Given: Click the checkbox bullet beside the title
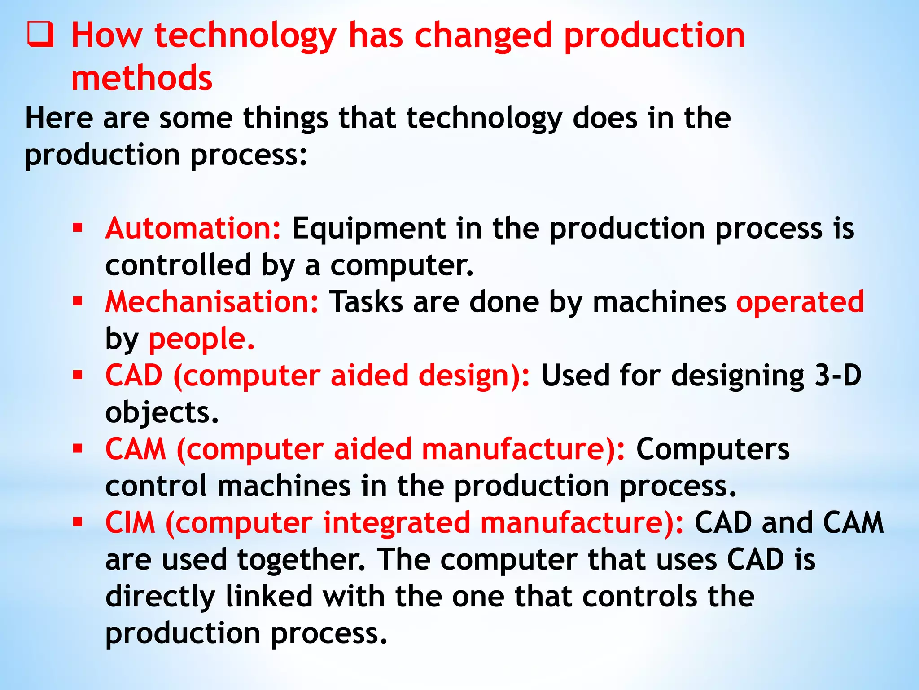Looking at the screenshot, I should click(40, 35).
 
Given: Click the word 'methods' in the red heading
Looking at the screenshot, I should click(142, 78).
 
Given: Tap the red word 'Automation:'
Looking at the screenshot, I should click(193, 228).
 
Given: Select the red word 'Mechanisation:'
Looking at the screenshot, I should click(212, 301).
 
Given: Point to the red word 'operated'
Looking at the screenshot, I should click(800, 301).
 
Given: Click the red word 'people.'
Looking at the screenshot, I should click(201, 339).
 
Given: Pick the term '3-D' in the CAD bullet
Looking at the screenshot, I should click(838, 375).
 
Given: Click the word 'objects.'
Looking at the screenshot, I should click(162, 412).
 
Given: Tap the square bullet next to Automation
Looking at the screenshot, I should click(78, 228).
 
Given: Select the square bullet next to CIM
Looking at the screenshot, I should click(78, 522).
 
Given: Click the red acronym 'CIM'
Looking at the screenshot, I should click(130, 522).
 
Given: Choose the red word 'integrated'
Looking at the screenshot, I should click(396, 522).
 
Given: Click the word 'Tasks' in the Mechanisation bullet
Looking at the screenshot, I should click(366, 301).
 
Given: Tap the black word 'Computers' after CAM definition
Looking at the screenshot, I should click(713, 449).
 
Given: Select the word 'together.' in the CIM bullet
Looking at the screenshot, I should click(301, 560).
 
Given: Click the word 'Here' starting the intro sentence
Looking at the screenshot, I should click(59, 118).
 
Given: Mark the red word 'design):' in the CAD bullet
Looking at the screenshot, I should click(474, 376).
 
